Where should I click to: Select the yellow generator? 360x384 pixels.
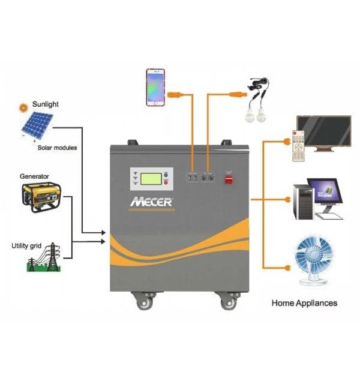pyautogui.click(x=41, y=196)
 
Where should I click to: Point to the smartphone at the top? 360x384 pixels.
pyautogui.click(x=155, y=87)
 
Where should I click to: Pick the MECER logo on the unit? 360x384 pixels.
pyautogui.click(x=151, y=202)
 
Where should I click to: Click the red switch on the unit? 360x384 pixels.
pyautogui.click(x=229, y=178)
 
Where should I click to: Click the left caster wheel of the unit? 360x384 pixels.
pyautogui.click(x=145, y=302)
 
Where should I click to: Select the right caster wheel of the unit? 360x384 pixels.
pyautogui.click(x=227, y=302)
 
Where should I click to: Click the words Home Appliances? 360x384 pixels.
pyautogui.click(x=304, y=303)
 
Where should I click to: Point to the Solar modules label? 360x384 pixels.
pyautogui.click(x=57, y=148)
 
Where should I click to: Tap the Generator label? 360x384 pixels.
pyautogui.click(x=34, y=176)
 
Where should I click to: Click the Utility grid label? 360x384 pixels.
pyautogui.click(x=28, y=245)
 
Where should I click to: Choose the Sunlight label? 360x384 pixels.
pyautogui.click(x=46, y=104)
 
